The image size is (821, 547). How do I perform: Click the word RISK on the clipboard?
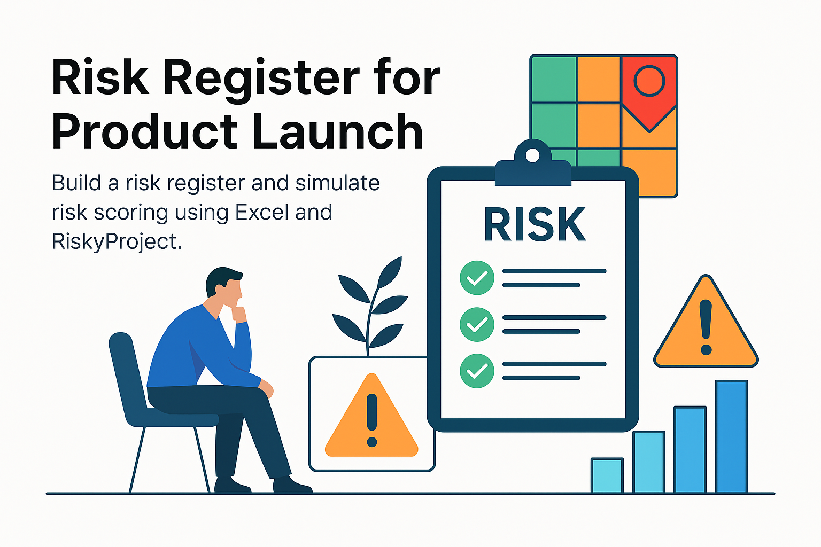coord(535,224)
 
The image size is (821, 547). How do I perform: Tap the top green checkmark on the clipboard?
coord(477,278)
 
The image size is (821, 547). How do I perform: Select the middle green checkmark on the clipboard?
coord(477,324)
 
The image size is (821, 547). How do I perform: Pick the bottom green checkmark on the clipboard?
coord(477,371)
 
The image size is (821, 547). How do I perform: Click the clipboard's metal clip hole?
coord(532,155)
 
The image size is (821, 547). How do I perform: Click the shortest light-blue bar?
coord(607,475)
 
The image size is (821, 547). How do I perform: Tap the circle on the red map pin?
coord(649,81)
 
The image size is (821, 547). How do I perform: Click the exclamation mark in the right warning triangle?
coord(706,327)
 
